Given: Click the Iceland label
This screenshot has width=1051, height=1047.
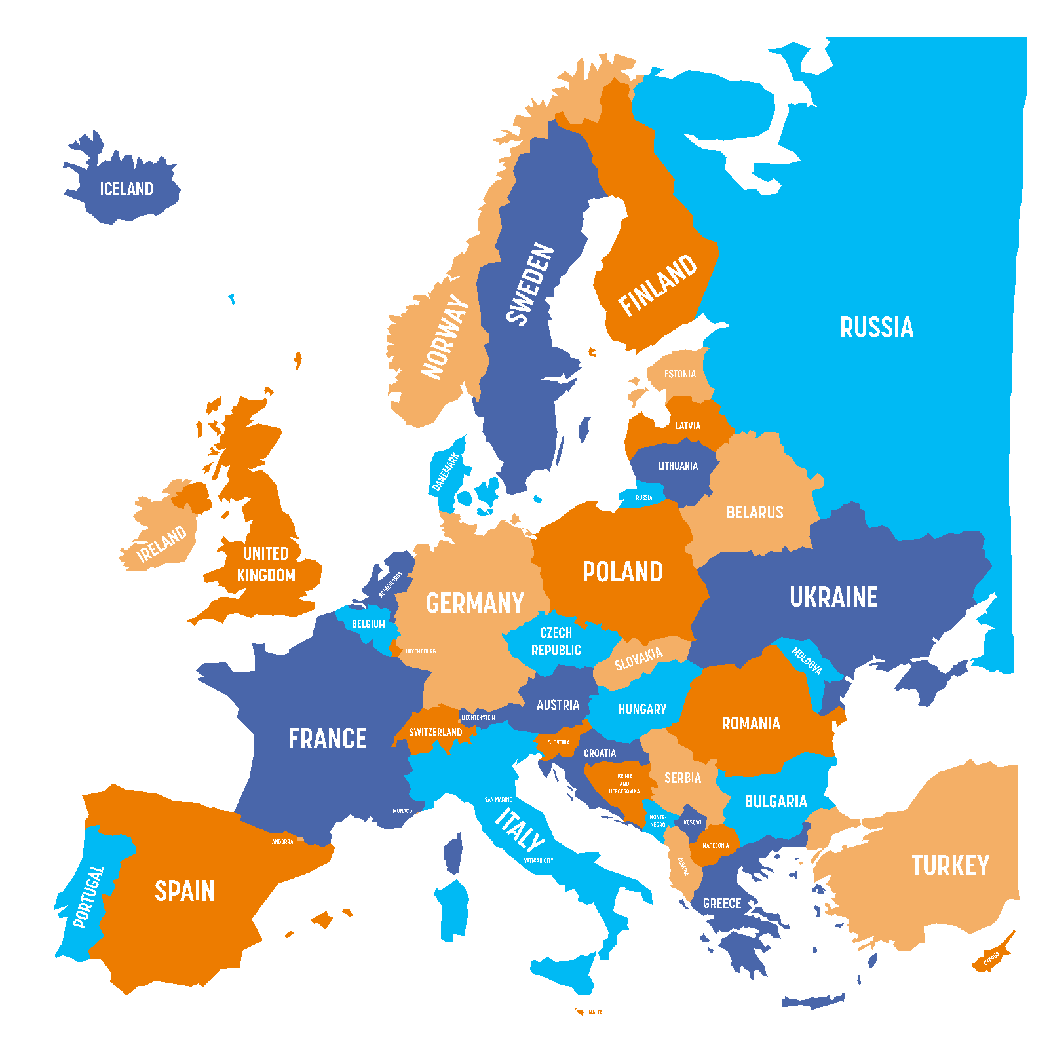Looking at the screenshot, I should (126, 189).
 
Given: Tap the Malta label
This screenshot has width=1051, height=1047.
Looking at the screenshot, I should (595, 1012).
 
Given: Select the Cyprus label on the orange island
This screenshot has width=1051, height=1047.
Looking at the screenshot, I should (991, 959).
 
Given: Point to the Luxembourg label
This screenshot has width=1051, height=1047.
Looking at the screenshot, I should (420, 651).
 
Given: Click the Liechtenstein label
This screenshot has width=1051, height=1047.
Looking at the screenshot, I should (478, 718).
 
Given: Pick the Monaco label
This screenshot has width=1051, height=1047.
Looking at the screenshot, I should (402, 811).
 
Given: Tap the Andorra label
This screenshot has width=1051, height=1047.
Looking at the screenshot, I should (282, 842).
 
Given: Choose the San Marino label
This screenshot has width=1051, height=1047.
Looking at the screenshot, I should (499, 800).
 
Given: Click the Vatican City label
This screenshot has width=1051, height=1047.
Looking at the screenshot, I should (539, 861).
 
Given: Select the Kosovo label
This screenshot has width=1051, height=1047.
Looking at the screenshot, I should (693, 822).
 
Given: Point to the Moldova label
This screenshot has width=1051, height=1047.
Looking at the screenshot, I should (807, 661).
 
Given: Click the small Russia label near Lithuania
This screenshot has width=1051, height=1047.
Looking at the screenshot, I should (644, 498).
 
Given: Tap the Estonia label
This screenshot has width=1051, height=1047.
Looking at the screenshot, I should (680, 374).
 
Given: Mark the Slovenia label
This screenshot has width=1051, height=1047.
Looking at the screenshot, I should (559, 742).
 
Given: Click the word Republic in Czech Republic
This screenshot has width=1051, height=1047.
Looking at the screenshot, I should (556, 650).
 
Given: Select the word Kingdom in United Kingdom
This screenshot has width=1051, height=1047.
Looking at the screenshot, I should (266, 575).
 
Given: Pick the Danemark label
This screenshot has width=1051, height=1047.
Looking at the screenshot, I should (446, 471).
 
